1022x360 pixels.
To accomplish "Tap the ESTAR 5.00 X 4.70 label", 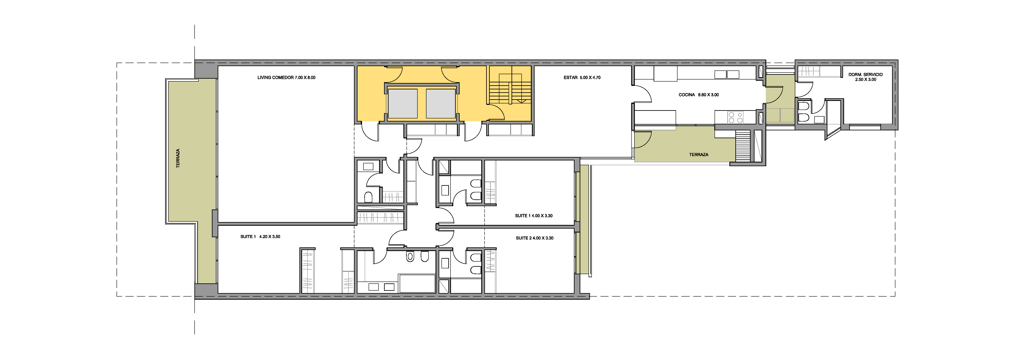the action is tap(582, 77).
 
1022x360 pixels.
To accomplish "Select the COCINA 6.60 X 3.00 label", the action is tap(699, 95).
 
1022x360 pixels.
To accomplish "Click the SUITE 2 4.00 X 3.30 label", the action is tap(534, 238).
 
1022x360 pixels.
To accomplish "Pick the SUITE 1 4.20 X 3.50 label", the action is tap(260, 237).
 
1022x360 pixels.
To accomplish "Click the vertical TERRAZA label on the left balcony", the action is tap(178, 158).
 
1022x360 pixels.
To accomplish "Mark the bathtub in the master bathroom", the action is tap(417, 283).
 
